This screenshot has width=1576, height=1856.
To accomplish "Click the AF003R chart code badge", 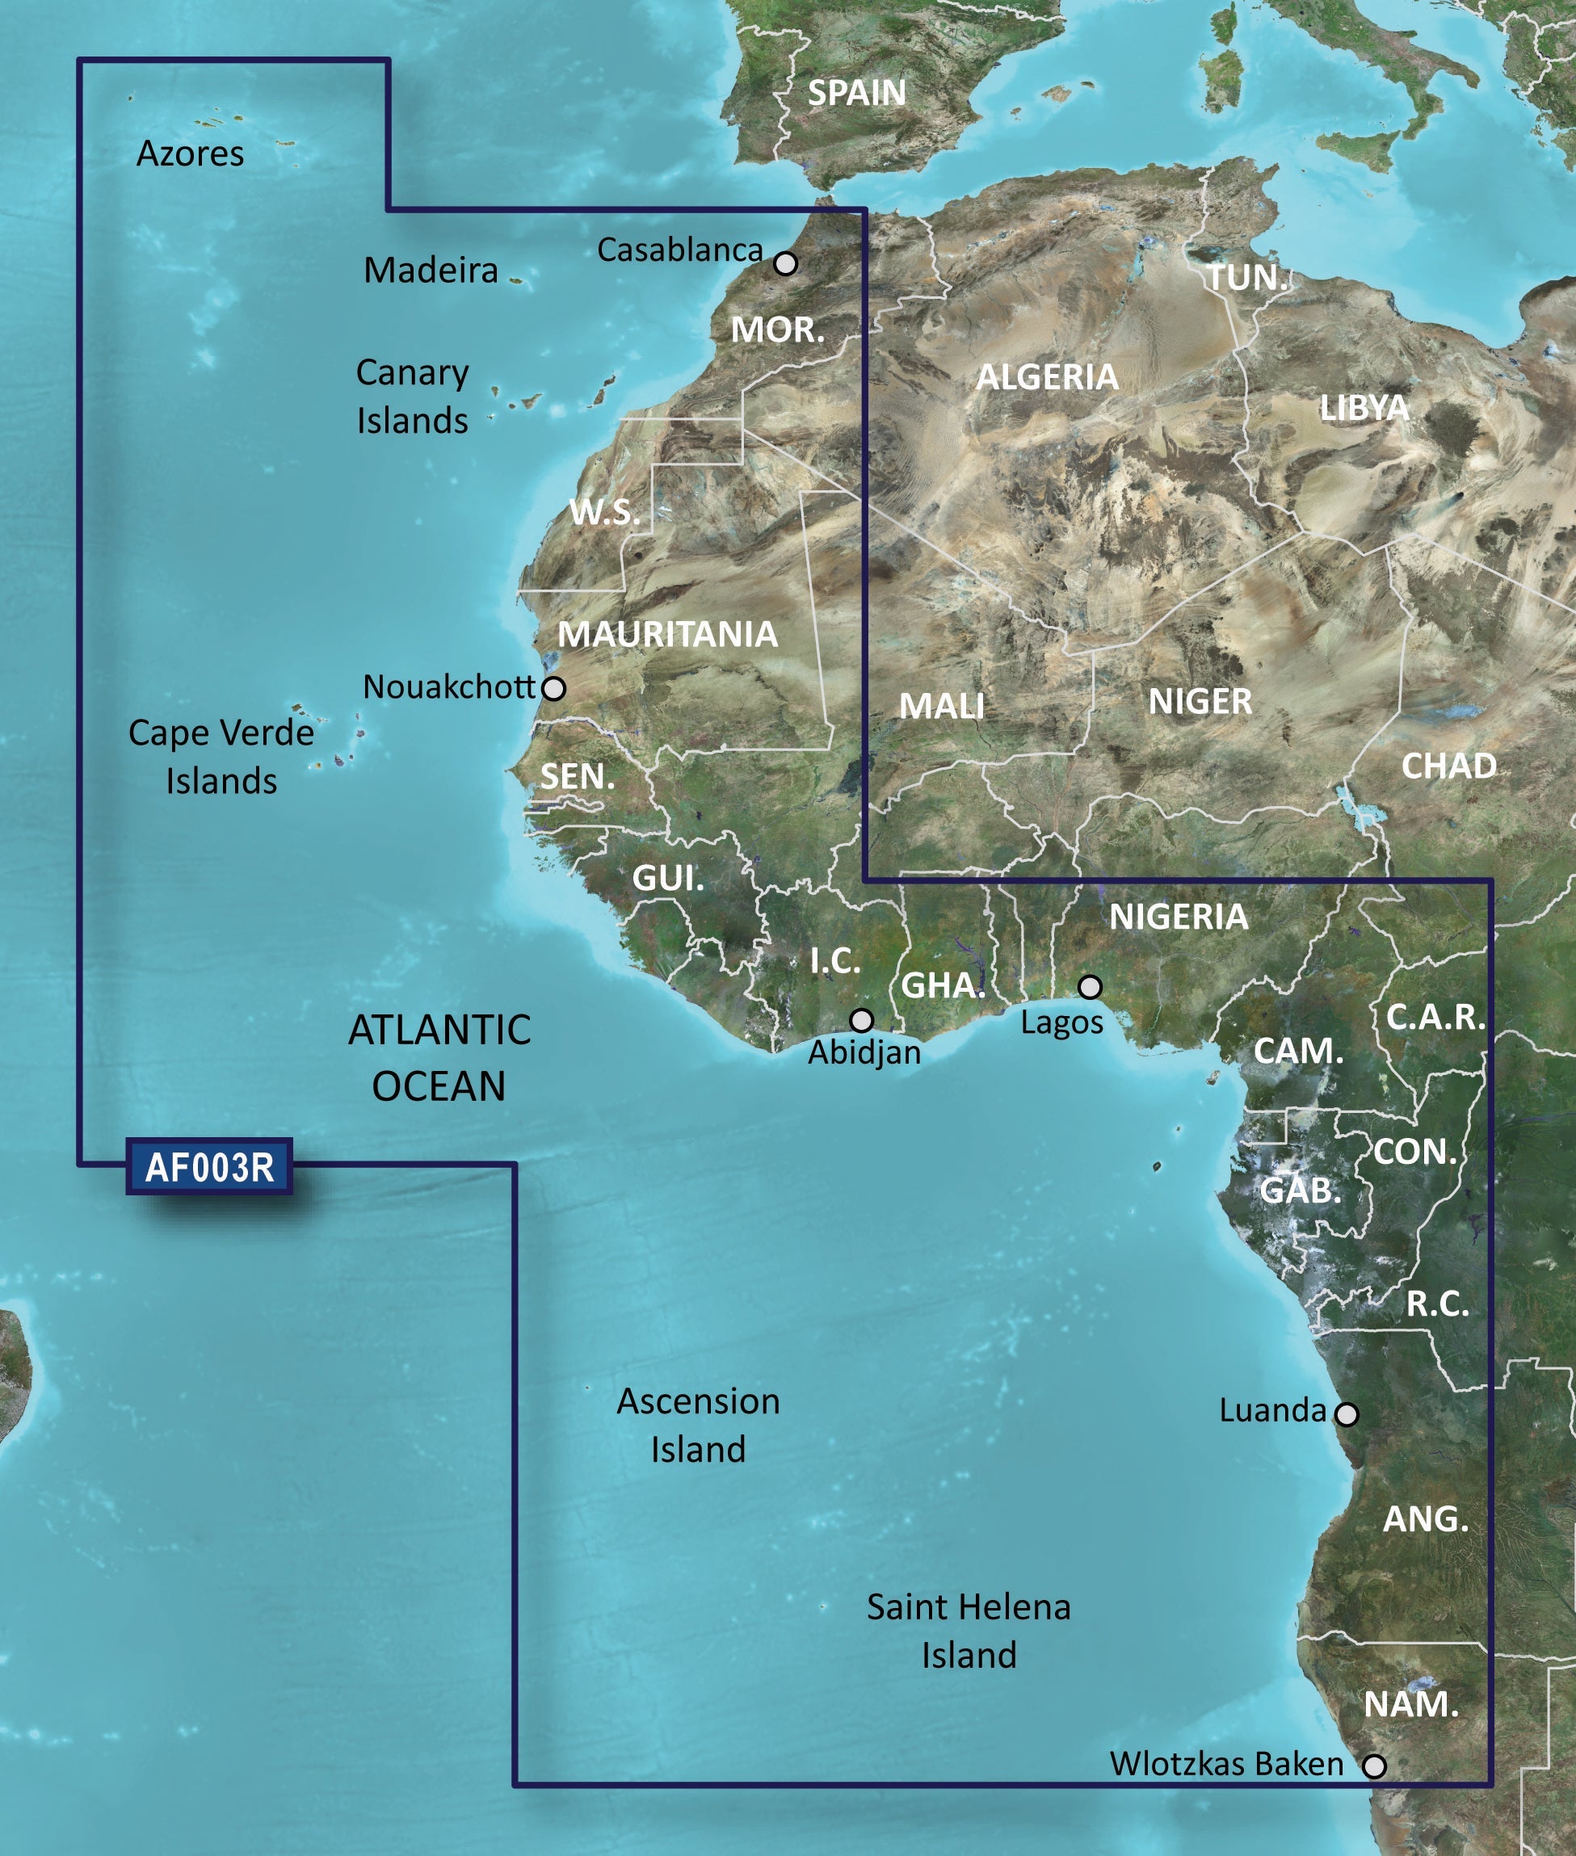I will pyautogui.click(x=209, y=1167).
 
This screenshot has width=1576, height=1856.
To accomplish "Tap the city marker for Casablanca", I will pyautogui.click(x=785, y=263).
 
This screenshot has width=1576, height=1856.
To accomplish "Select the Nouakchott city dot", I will pyautogui.click(x=554, y=688).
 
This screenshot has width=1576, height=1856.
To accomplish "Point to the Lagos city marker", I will pyautogui.click(x=1089, y=987).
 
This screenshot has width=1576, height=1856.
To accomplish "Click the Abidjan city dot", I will pyautogui.click(x=861, y=1020).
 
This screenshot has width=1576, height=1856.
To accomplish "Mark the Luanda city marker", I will pyautogui.click(x=1347, y=1414).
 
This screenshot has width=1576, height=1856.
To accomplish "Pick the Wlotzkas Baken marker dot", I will pyautogui.click(x=1374, y=1765).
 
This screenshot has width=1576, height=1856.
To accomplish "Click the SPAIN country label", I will pyautogui.click(x=856, y=93).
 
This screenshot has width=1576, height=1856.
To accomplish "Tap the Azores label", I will pyautogui.click(x=191, y=153).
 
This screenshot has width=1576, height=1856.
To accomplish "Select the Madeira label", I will pyautogui.click(x=431, y=270).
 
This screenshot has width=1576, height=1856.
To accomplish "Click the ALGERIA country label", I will pyautogui.click(x=1047, y=377).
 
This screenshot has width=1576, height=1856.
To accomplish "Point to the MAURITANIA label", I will pyautogui.click(x=667, y=634).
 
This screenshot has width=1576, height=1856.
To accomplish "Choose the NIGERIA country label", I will pyautogui.click(x=1179, y=917).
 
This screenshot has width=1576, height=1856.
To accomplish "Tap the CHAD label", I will pyautogui.click(x=1448, y=766).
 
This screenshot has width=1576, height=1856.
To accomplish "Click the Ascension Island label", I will pyautogui.click(x=698, y=1426).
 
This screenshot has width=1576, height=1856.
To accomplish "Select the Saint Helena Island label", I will pyautogui.click(x=969, y=1631).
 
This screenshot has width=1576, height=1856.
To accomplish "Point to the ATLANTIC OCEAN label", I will pyautogui.click(x=439, y=1057).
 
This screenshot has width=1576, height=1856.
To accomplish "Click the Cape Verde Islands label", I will pyautogui.click(x=221, y=757).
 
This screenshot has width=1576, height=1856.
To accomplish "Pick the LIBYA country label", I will pyautogui.click(x=1364, y=408).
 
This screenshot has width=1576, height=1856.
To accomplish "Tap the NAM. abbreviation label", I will pyautogui.click(x=1410, y=1704).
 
